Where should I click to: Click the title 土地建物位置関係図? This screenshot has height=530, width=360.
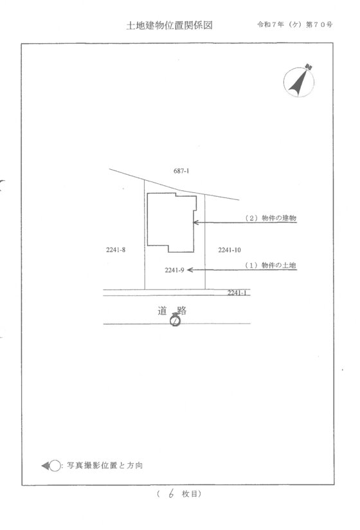tap(169, 25)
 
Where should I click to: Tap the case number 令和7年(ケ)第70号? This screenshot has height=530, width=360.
tap(295, 24)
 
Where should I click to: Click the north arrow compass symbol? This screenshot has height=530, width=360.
tap(299, 81)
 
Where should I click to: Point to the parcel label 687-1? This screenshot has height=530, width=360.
tap(181, 171)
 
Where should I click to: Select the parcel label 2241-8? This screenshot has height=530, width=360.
tap(116, 250)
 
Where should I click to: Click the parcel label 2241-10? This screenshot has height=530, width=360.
tap(230, 250)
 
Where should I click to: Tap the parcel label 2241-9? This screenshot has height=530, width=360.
tap(174, 270)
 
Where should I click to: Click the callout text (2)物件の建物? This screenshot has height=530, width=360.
tap(271, 218)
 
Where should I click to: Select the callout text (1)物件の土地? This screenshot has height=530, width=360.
tap(271, 266)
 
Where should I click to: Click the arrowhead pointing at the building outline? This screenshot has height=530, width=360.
tap(195, 223)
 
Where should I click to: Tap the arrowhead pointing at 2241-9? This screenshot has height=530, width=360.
tap(190, 270)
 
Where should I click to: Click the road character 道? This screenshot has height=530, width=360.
tap(163, 310)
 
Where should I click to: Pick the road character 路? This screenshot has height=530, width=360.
tap(182, 310)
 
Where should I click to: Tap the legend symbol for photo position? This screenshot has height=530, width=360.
tap(51, 466)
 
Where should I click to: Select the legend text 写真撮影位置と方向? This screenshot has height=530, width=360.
tap(105, 466)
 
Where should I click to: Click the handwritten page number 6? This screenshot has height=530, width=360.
tap(171, 494)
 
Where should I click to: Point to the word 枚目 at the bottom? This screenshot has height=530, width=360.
tap(190, 494)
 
